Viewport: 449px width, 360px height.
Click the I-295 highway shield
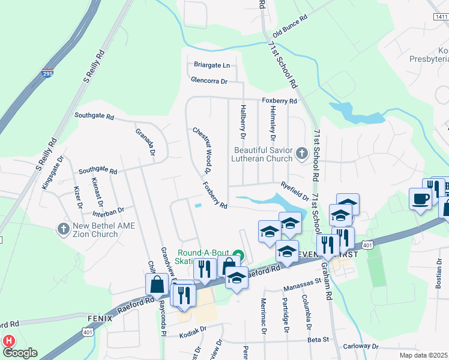(47, 74)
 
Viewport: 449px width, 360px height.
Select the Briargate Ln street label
(212, 65)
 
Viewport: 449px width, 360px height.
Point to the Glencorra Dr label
(209, 80)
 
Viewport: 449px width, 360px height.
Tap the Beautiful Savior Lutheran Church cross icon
(302, 154)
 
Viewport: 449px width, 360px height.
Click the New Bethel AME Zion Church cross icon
(62, 229)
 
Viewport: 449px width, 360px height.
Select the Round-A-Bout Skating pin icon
(238, 256)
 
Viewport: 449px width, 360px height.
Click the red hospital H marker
(9, 341)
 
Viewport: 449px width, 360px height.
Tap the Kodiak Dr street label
(192, 329)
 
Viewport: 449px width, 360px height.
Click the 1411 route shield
(441, 17)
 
